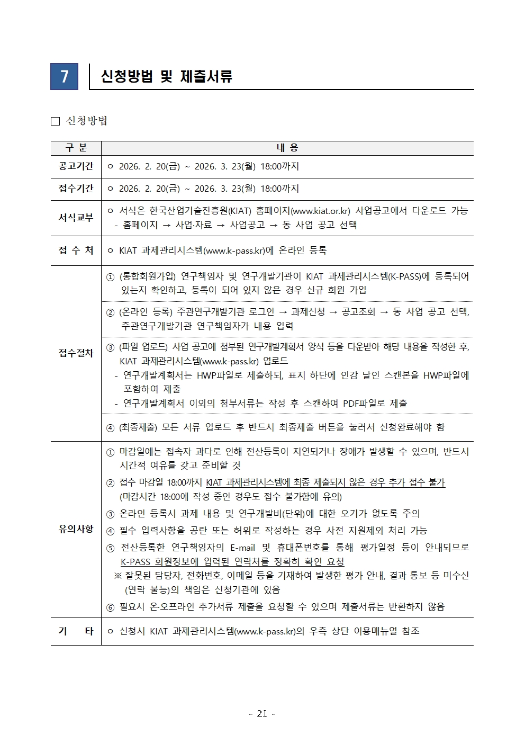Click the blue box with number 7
tap(64, 77)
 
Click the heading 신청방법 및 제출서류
tap(166, 77)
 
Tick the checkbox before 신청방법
tap(55, 121)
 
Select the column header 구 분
tap(76, 148)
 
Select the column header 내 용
tap(287, 148)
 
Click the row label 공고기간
tap(76, 166)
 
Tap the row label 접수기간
tap(76, 189)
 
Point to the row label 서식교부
tap(76, 218)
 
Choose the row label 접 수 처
tap(76, 250)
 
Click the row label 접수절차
tap(76, 353)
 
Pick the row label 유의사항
tap(76, 529)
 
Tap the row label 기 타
tap(76, 631)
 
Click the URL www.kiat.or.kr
tap(321, 211)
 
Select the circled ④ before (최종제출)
tap(110, 428)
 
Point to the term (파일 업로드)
tap(143, 347)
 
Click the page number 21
tap(262, 714)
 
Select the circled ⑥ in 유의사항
tap(110, 607)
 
